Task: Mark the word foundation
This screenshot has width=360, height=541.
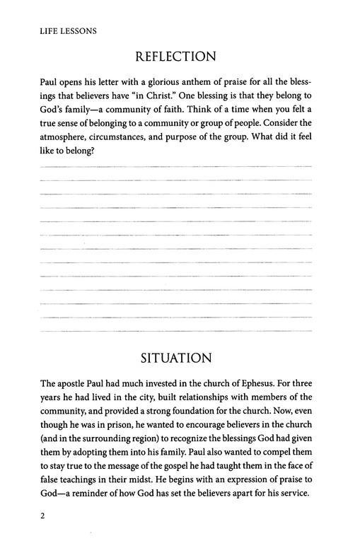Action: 207,415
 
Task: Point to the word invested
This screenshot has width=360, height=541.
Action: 158,388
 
